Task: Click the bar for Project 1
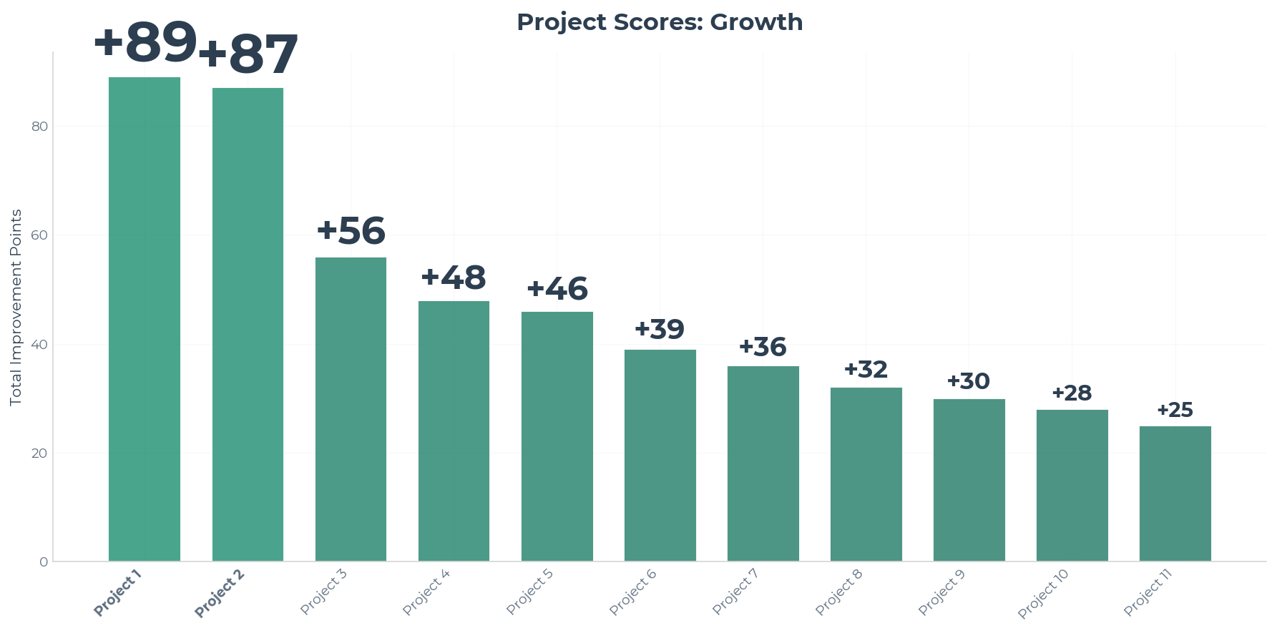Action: coord(145,319)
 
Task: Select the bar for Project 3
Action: coord(351,409)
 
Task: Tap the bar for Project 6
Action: coord(660,455)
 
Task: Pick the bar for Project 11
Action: coord(1175,494)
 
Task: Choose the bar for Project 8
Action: coord(866,474)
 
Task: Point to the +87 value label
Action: coord(248,54)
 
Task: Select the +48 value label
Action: coord(454,278)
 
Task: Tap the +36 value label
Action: coord(763,347)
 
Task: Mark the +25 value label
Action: coord(1175,410)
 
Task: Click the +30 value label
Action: coord(969,381)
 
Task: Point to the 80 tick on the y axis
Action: coord(40,127)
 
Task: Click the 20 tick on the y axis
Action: coord(40,453)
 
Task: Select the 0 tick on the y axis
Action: coord(44,562)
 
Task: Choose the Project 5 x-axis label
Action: coord(530,592)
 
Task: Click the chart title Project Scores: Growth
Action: coord(660,22)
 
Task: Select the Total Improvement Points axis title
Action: coord(16,308)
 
